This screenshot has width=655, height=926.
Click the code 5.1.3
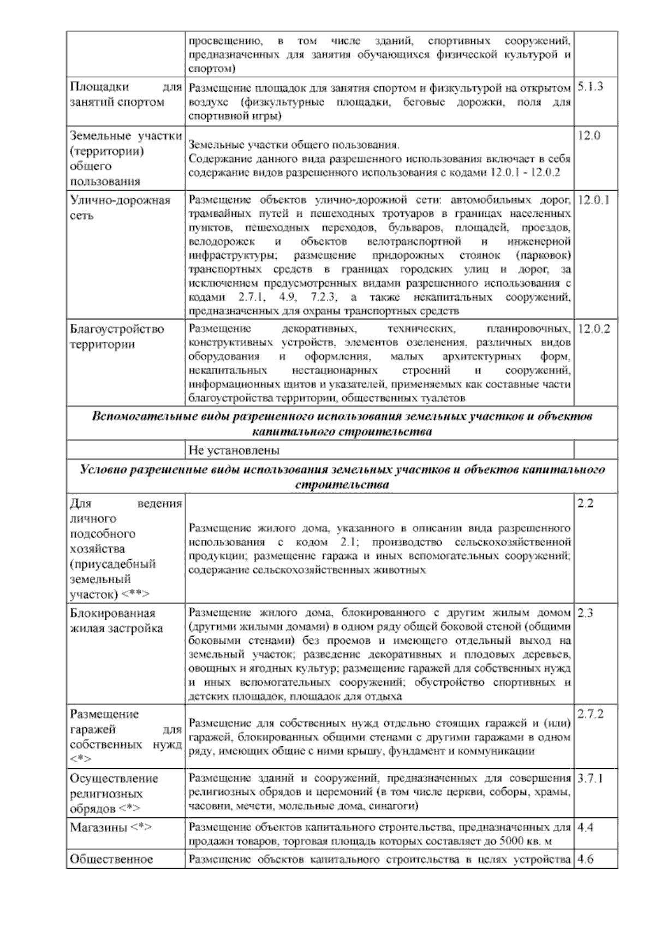590,87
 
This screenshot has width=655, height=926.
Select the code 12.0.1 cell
593,200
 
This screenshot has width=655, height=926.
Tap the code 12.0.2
593,329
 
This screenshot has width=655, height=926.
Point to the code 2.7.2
590,714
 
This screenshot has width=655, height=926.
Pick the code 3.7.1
590,778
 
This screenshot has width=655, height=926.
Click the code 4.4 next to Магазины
586,827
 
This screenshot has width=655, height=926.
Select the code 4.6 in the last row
586,859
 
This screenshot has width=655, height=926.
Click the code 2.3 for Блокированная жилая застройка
585,613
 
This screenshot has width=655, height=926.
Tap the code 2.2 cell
585,503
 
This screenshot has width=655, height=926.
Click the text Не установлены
234,451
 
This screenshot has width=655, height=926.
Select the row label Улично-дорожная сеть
120,207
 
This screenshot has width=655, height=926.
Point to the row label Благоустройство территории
117,336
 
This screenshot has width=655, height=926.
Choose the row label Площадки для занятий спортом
125,94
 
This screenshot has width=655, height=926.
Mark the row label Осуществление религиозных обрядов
114,793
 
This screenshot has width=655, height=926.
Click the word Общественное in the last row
111,859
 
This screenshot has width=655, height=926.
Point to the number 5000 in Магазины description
511,841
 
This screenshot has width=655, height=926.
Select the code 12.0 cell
588,136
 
